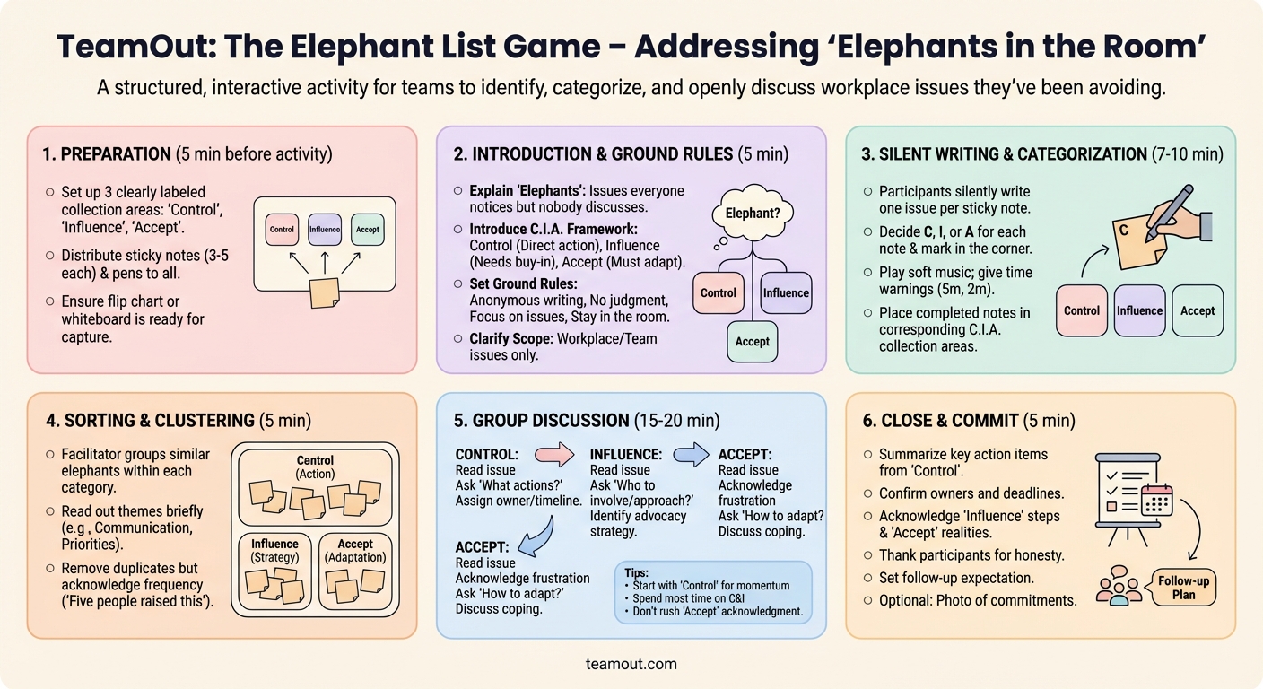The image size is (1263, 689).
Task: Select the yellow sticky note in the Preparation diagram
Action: click(x=324, y=291)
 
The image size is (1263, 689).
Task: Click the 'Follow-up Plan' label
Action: click(x=1183, y=588)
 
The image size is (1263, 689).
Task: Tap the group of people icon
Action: click(x=1119, y=585)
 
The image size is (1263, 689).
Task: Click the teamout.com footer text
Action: click(x=631, y=665)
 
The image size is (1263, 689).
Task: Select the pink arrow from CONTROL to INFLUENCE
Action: click(x=553, y=455)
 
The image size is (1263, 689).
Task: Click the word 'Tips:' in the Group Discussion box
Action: click(x=635, y=571)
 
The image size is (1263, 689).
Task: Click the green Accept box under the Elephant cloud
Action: click(x=752, y=341)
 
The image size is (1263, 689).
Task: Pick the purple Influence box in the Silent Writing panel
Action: click(x=1139, y=310)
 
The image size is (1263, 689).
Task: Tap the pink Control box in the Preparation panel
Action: click(x=282, y=230)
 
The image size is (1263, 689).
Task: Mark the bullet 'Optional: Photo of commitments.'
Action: click(x=978, y=600)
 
